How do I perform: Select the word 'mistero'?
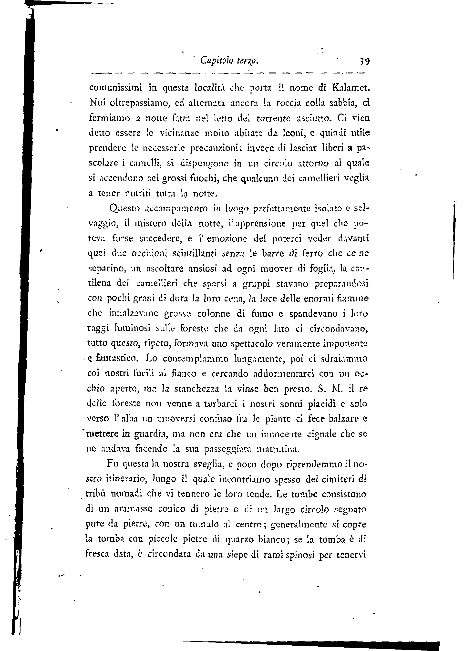(x=150, y=223)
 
